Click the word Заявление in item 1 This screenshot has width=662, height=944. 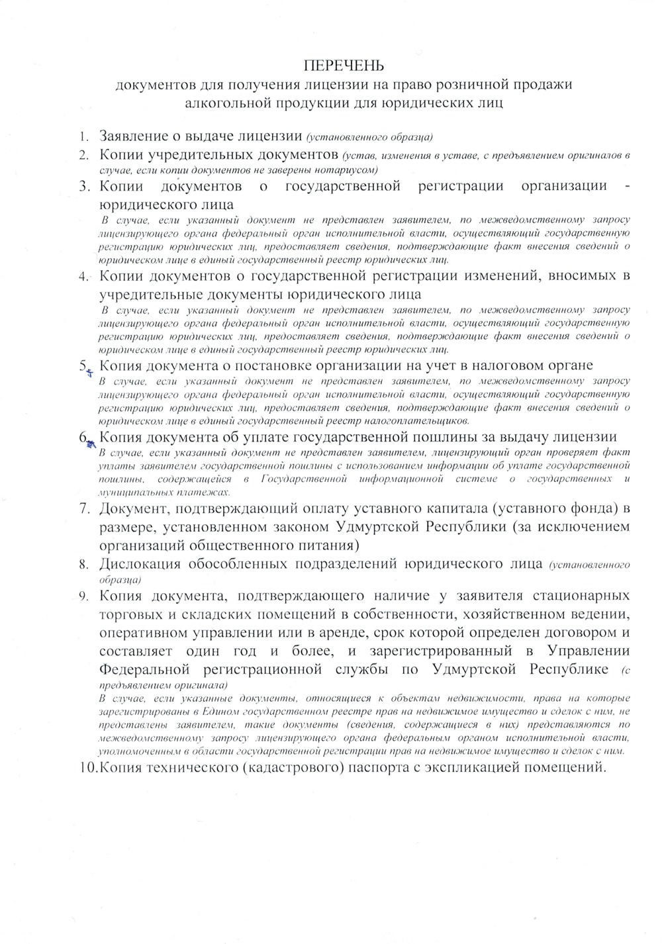tap(133, 137)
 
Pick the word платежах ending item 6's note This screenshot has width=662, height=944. tap(209, 493)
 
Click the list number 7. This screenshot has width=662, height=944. tap(84, 509)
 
